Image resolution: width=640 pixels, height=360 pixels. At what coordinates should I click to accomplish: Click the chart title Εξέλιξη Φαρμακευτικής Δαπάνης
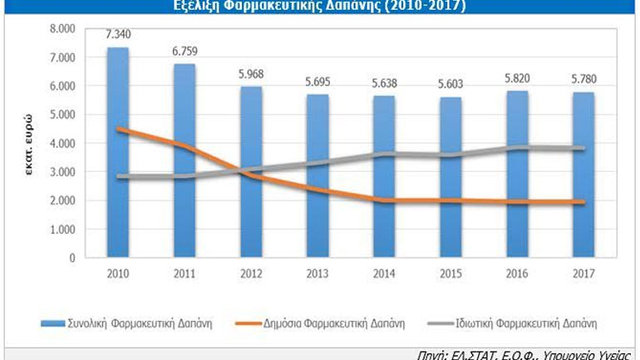320,7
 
